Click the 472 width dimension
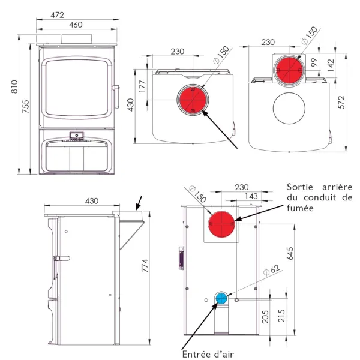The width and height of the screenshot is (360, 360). click(x=57, y=15)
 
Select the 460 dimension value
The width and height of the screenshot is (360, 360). click(x=76, y=25)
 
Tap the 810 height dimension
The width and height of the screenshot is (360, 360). click(x=14, y=86)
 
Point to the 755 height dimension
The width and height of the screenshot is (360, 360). click(x=26, y=106)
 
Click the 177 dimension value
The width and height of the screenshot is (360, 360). click(x=143, y=86)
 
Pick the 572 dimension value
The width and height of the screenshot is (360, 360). click(x=341, y=102)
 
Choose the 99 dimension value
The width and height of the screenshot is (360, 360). click(x=314, y=62)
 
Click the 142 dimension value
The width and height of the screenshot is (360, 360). click(x=331, y=65)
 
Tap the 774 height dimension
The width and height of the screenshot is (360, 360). click(x=145, y=266)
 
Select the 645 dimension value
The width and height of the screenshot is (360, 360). click(x=290, y=253)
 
